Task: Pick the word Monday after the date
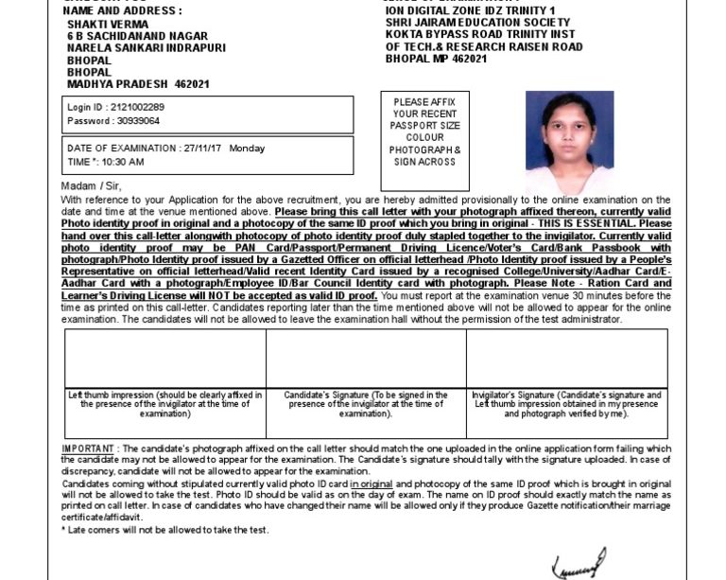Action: [x=248, y=149]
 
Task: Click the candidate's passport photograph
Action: [x=569, y=142]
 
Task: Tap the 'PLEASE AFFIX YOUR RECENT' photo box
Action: [x=424, y=142]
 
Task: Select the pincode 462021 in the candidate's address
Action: [x=192, y=84]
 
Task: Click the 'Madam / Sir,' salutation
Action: [x=91, y=186]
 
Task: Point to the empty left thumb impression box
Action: [x=165, y=359]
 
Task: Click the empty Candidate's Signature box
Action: [x=366, y=359]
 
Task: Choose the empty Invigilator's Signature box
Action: [x=566, y=359]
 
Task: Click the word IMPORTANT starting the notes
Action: [x=87, y=448]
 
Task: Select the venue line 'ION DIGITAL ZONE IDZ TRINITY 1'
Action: [x=470, y=10]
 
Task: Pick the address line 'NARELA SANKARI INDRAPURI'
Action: [x=147, y=47]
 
